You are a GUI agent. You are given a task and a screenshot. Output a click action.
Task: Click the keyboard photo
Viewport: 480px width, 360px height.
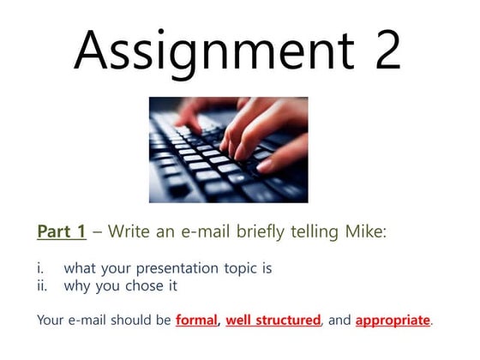228,149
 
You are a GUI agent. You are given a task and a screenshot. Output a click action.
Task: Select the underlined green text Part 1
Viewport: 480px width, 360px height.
62,231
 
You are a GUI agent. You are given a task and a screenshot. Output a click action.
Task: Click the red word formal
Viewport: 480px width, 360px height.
196,321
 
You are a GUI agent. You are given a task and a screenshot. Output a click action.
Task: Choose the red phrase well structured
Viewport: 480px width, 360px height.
273,321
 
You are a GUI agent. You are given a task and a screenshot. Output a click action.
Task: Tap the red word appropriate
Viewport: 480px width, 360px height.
392,321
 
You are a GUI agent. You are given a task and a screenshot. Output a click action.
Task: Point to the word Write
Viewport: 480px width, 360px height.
130,231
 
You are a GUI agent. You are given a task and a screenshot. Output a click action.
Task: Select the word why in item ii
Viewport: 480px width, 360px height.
77,286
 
